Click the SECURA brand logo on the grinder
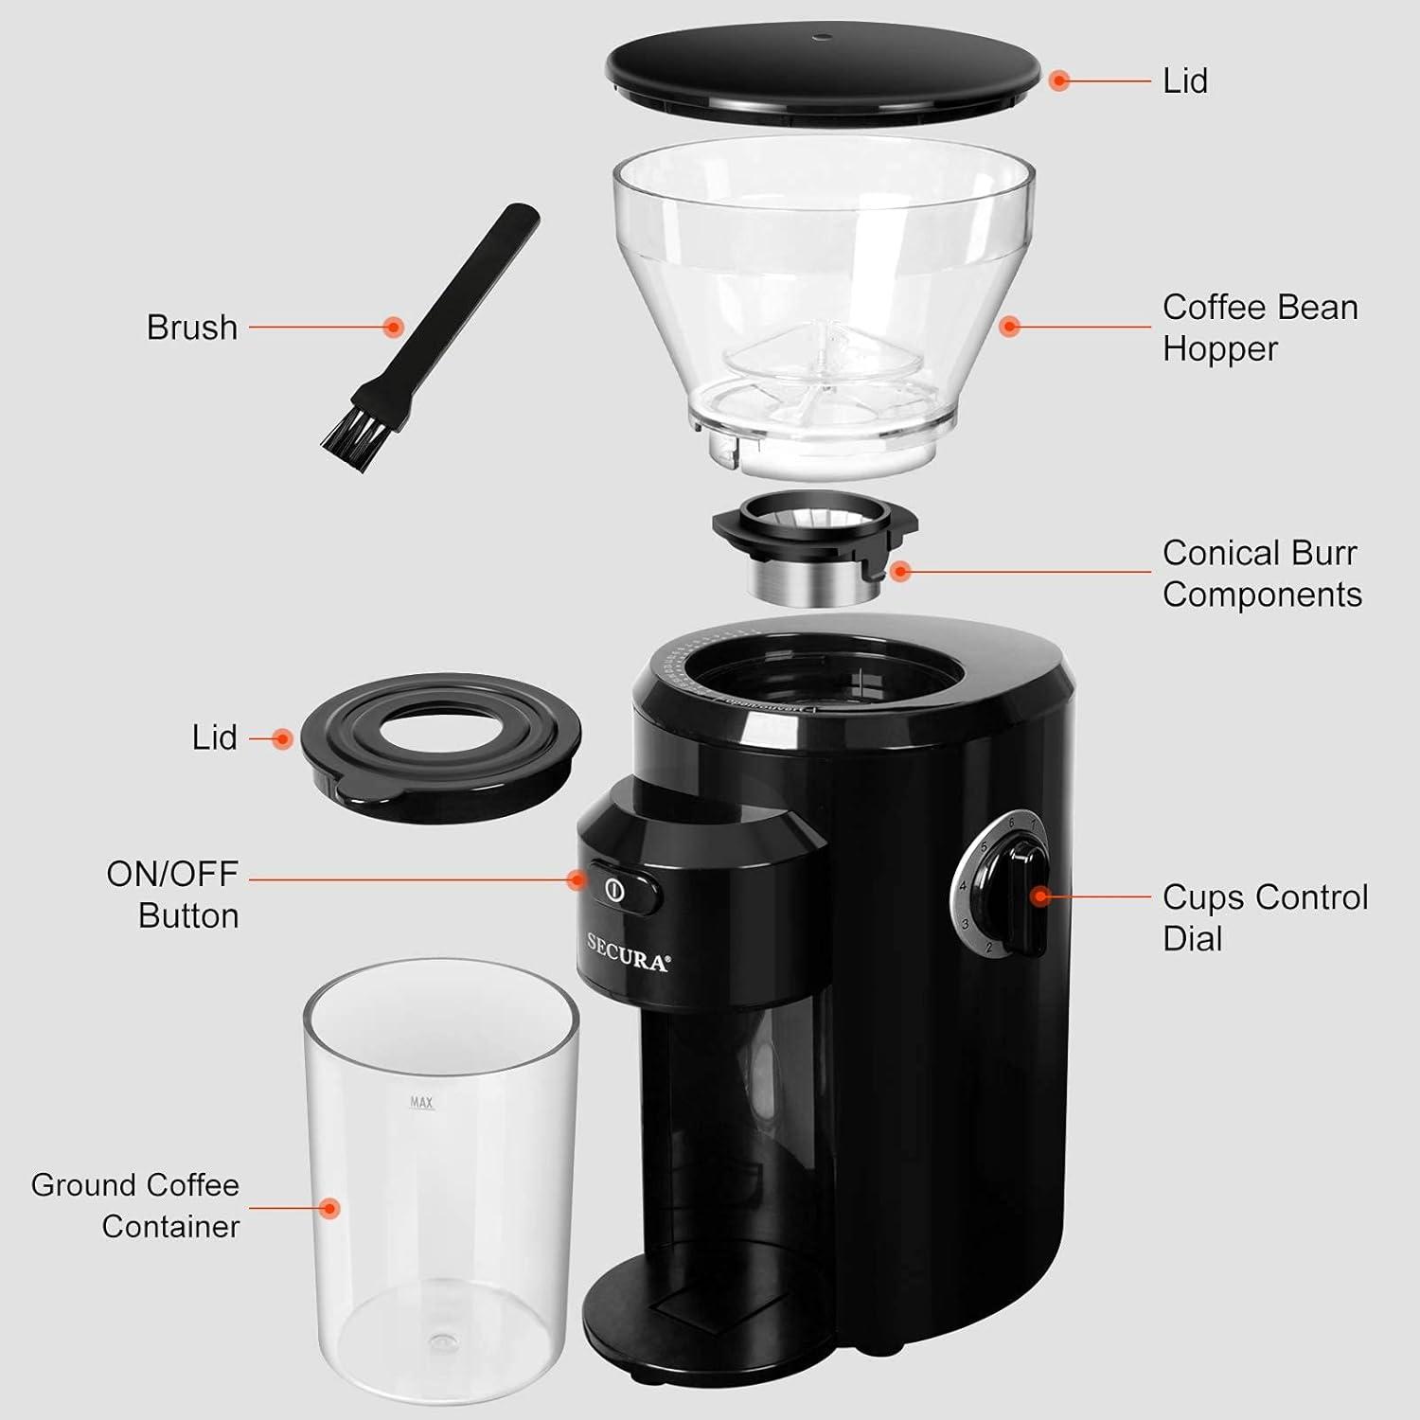click(628, 952)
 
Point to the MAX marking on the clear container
click(421, 1102)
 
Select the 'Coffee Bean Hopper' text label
click(1259, 328)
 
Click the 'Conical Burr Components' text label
click(1261, 574)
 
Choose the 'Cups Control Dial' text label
click(1265, 917)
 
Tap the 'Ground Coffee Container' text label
click(135, 1205)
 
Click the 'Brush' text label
click(191, 328)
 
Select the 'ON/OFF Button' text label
click(172, 895)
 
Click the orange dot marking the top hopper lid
click(1059, 81)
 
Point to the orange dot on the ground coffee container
click(329, 1208)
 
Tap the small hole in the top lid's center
click(821, 39)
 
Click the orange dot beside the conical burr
click(900, 571)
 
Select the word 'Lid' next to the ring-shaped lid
click(214, 737)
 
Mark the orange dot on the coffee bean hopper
click(1010, 328)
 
